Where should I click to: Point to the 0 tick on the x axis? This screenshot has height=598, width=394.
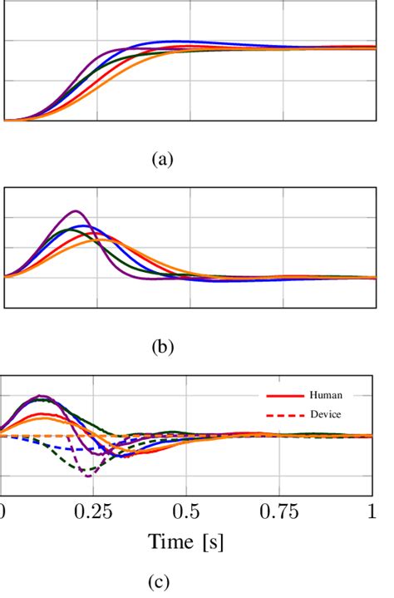[x=3, y=510]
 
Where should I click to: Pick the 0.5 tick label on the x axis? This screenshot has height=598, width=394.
[x=193, y=510]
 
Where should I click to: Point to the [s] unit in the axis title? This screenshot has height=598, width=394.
[x=212, y=543]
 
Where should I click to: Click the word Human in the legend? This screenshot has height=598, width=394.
[x=324, y=396]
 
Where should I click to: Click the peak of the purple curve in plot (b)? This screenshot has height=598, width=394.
[x=76, y=211]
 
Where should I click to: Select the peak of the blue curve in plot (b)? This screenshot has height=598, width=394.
[x=81, y=225]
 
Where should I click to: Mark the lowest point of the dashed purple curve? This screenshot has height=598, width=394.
[x=87, y=474]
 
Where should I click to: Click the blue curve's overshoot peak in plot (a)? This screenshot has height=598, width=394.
[x=176, y=41]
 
